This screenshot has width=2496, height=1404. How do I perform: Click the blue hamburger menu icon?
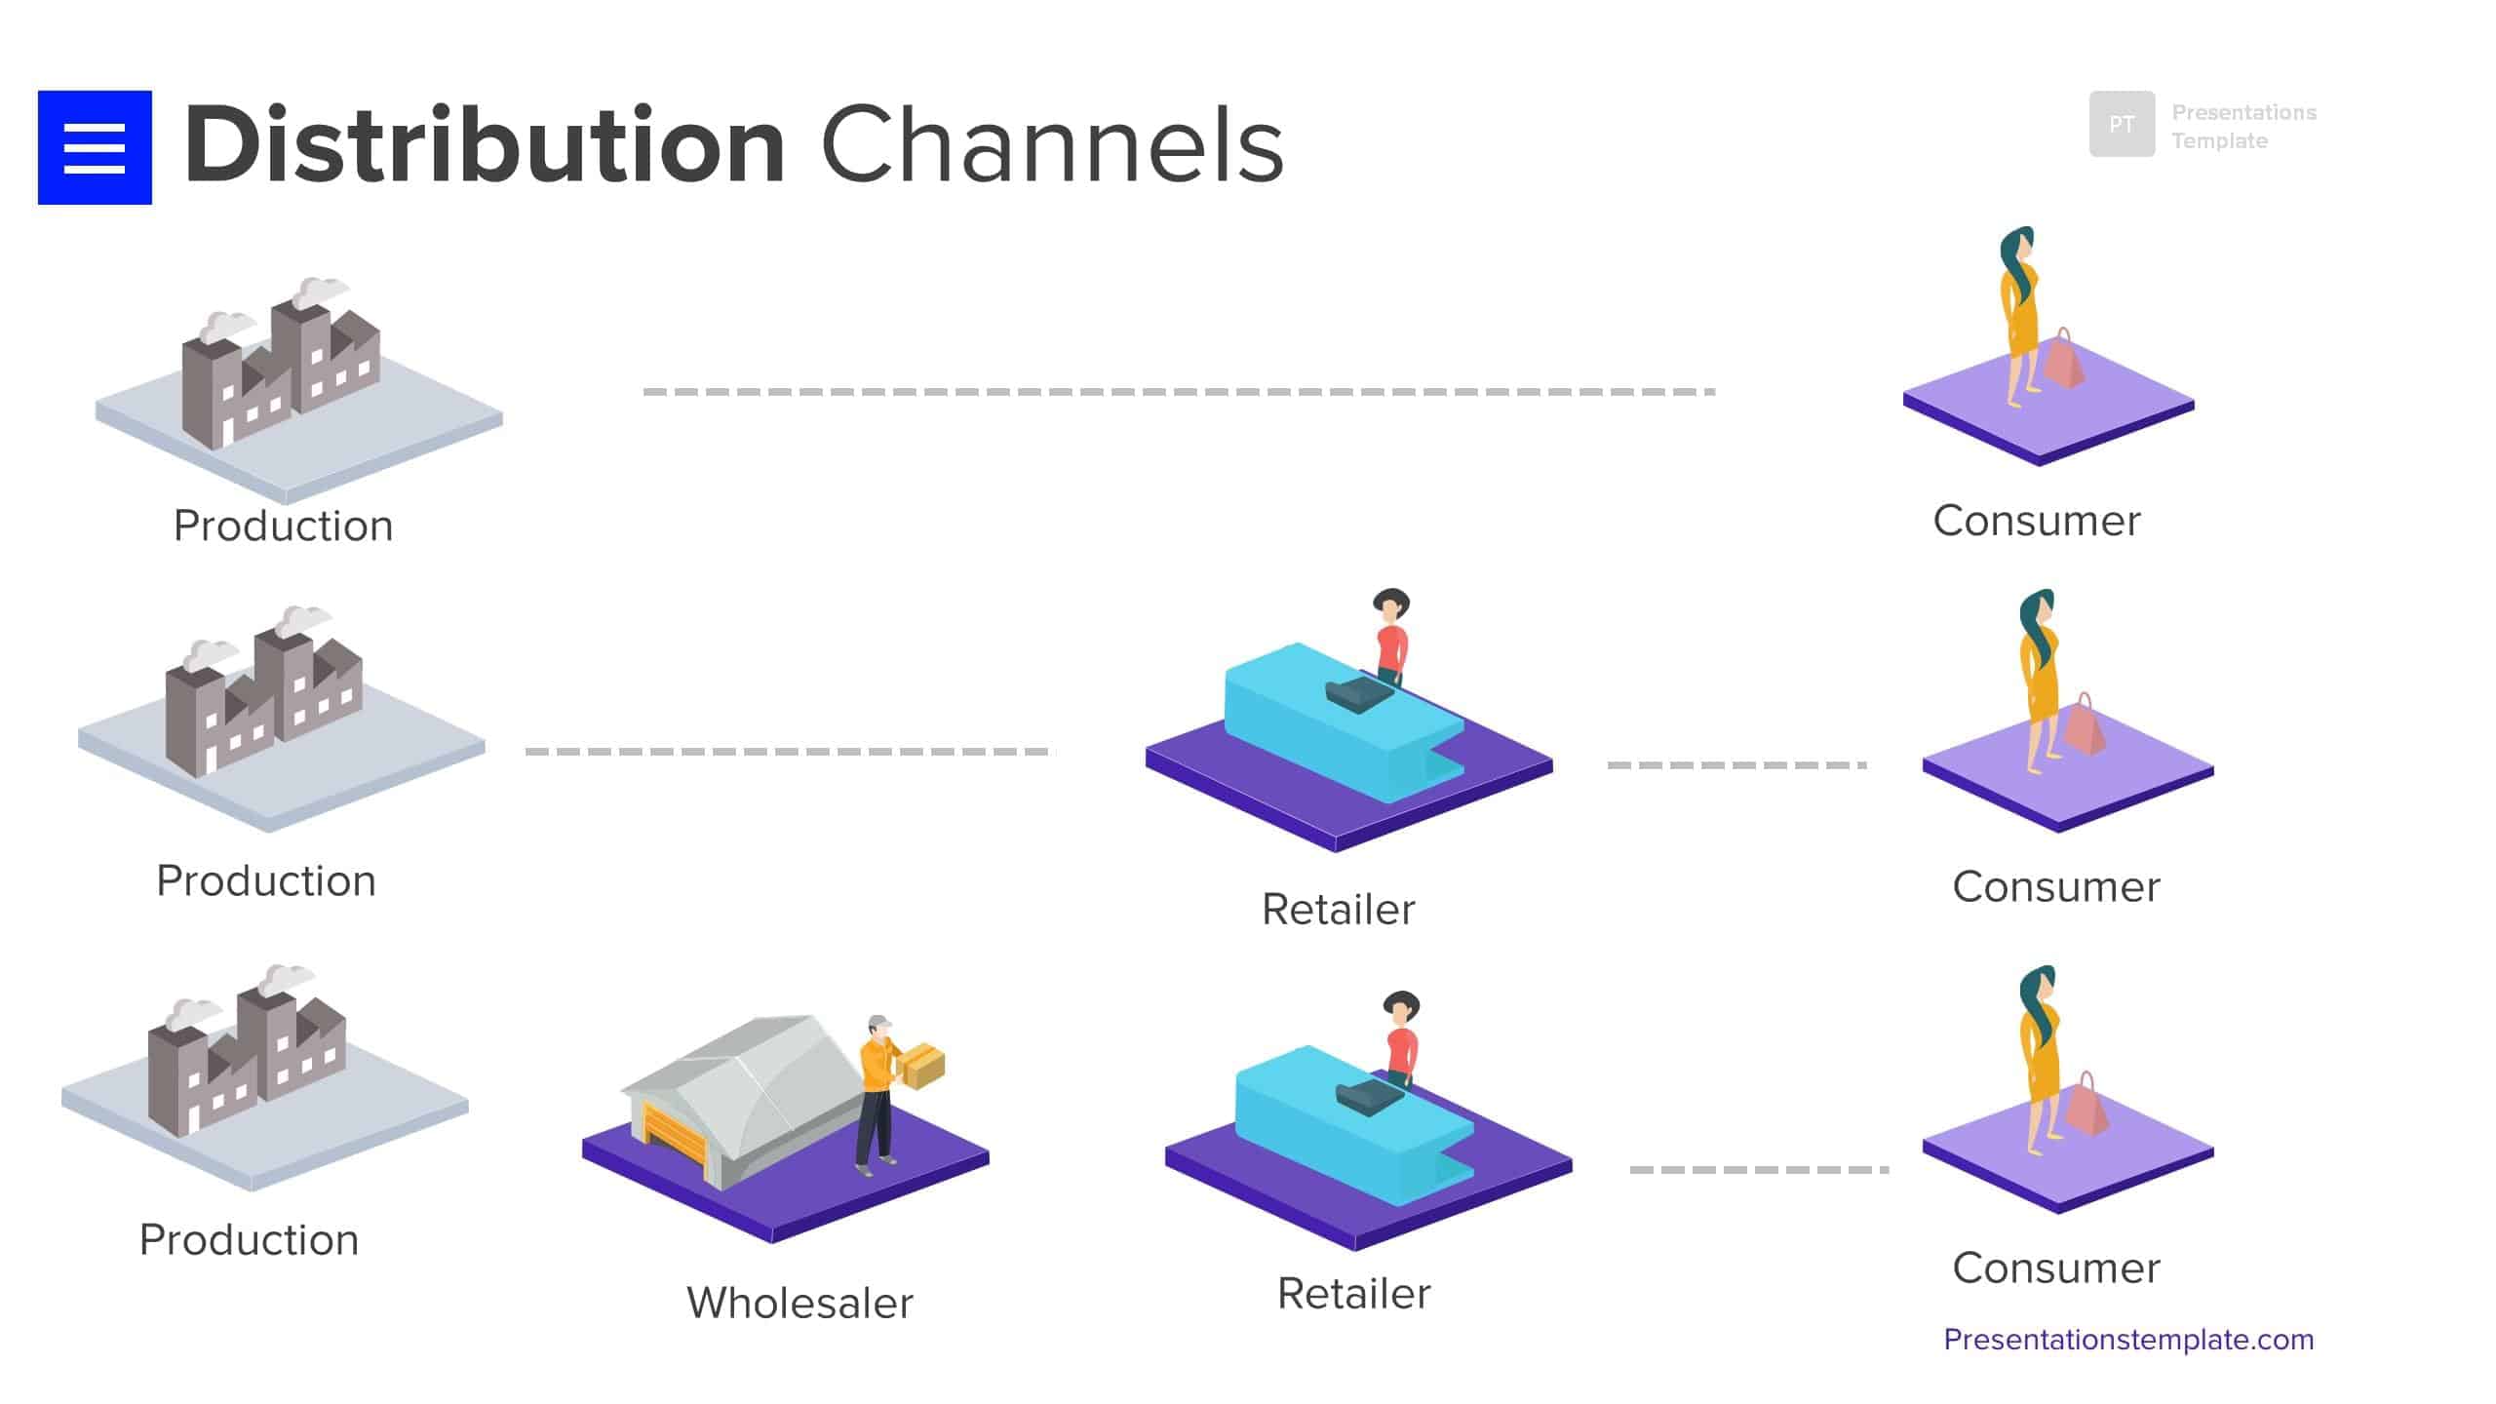click(x=95, y=147)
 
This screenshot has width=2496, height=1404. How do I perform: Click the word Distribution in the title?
click(x=485, y=146)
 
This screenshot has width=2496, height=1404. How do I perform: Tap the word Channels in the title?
click(x=1052, y=146)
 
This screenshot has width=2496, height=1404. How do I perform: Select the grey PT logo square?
click(x=2122, y=124)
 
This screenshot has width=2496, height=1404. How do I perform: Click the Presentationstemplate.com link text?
click(x=2127, y=1340)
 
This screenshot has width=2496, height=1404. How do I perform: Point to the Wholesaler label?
click(x=799, y=1304)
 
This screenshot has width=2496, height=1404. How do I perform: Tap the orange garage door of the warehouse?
click(x=672, y=1137)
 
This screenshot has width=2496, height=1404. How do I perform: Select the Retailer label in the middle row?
click(x=1338, y=910)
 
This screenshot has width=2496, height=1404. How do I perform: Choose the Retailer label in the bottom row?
click(x=1353, y=1295)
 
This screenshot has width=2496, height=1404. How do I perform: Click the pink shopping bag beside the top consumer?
click(x=2064, y=363)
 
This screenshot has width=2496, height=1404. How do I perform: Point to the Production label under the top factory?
click(x=283, y=526)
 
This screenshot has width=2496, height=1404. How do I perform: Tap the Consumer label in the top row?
click(x=2036, y=522)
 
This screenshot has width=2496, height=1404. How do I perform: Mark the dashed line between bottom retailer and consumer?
click(x=1758, y=1169)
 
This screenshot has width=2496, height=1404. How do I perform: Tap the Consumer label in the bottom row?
click(x=2055, y=1268)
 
